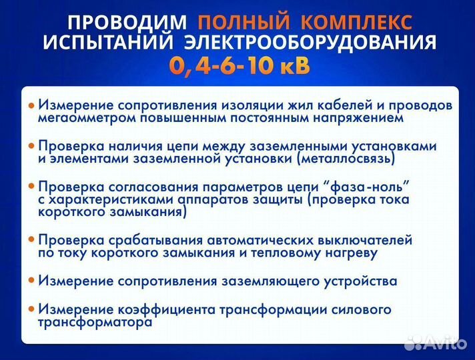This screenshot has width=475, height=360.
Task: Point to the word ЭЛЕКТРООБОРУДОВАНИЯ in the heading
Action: point(310,44)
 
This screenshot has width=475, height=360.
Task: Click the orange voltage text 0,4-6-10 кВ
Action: point(238,67)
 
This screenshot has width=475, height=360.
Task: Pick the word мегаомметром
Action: point(83,118)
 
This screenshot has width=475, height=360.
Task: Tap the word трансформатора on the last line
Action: point(95,322)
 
